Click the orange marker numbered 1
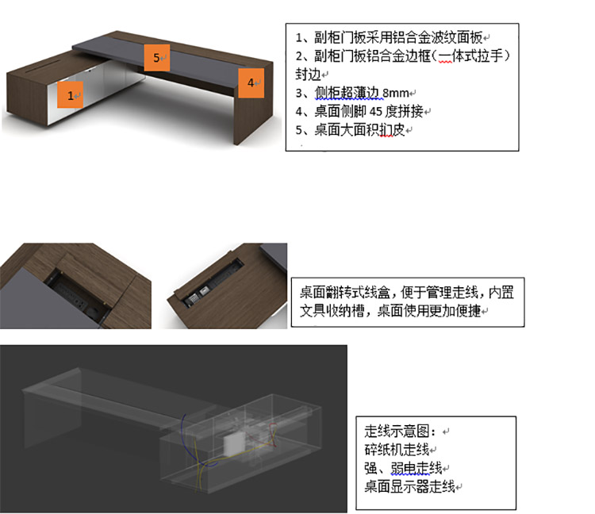click(71, 95)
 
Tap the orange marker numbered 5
click(157, 57)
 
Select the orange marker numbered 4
click(251, 82)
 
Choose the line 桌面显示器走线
click(409, 486)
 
